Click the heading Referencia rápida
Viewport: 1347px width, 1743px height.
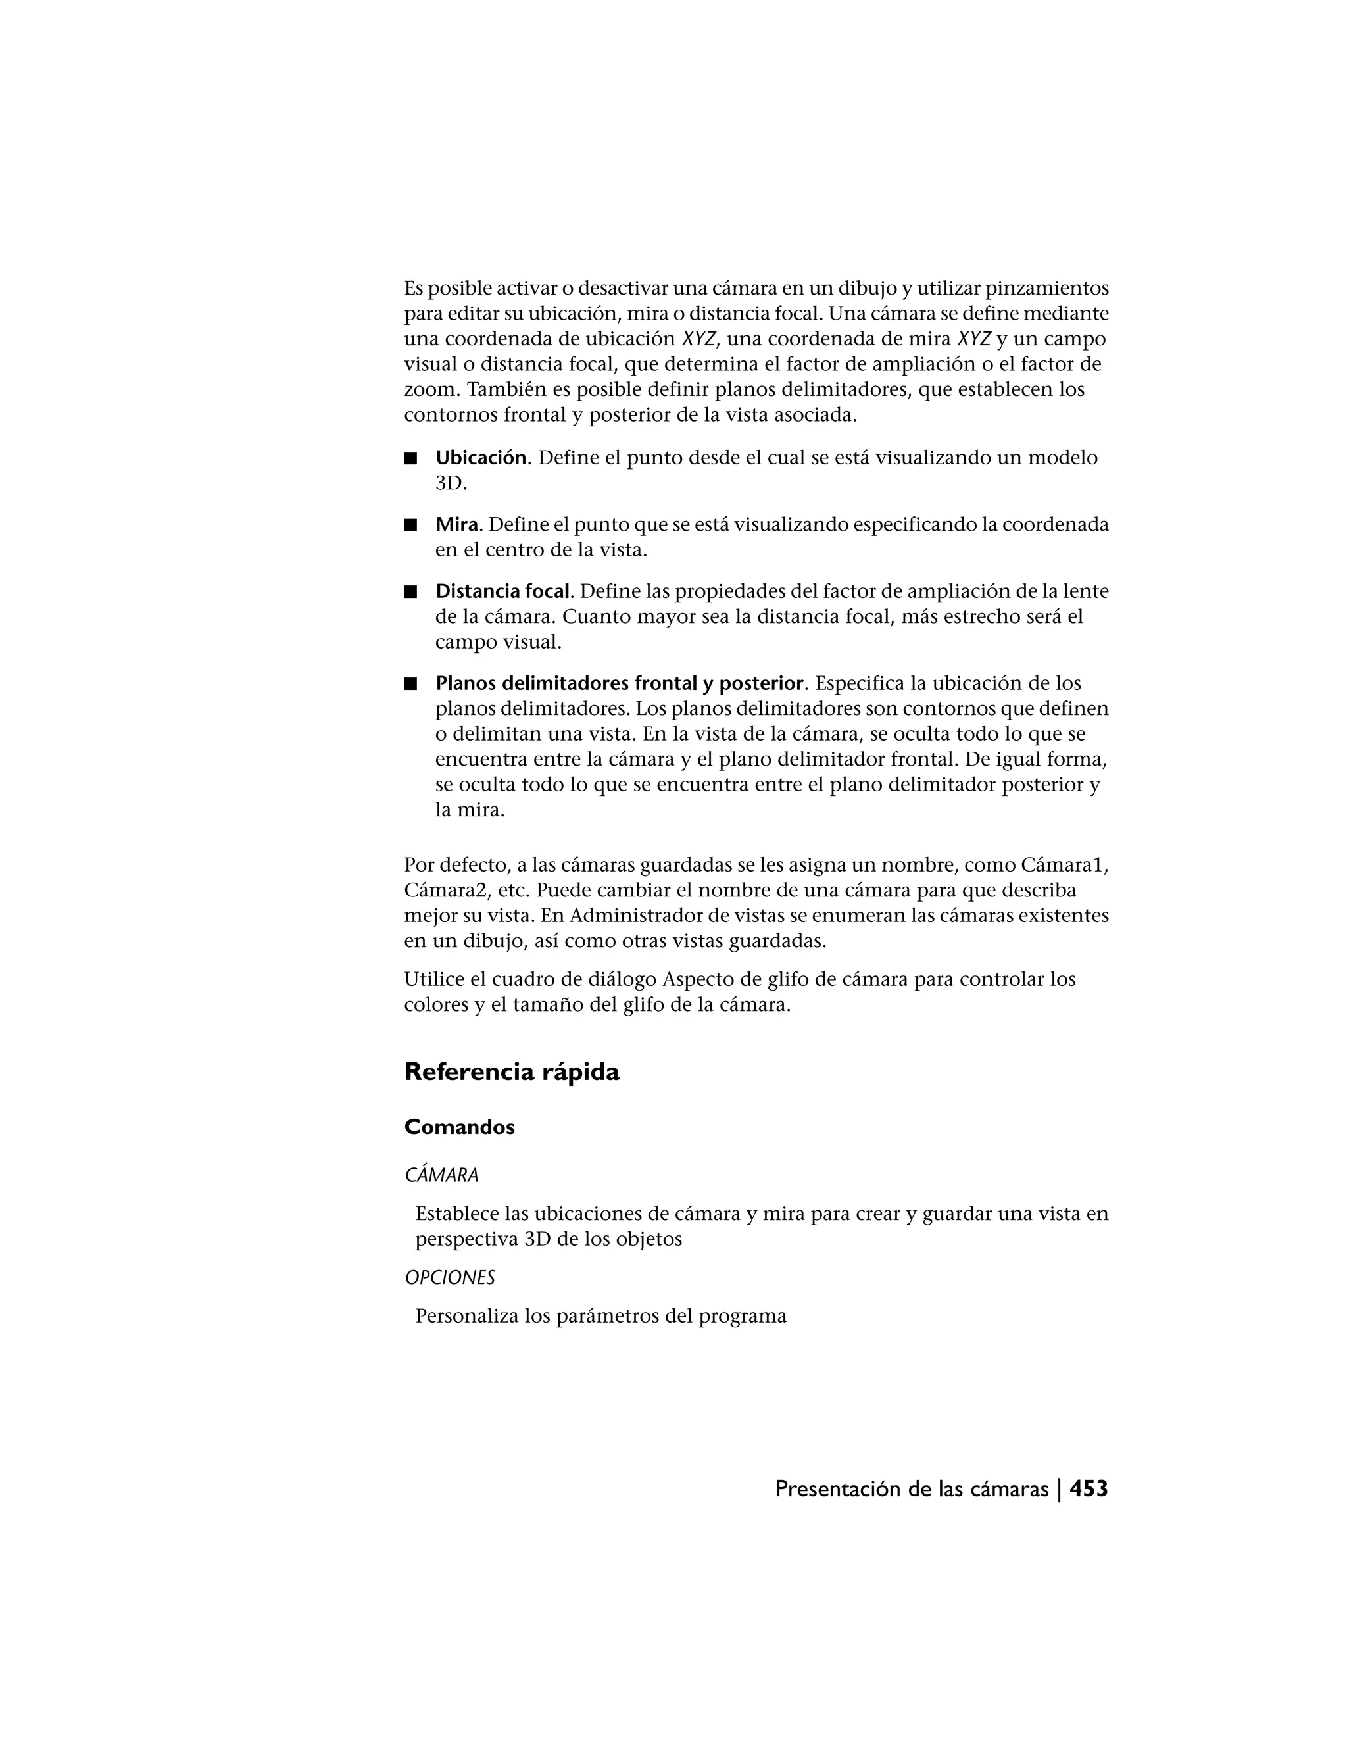coord(512,1072)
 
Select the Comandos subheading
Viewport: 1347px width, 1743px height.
coord(460,1127)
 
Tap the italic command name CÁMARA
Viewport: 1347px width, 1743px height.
coord(441,1175)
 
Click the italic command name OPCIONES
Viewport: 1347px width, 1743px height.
coord(449,1278)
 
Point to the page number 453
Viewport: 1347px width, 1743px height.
coord(1089,1488)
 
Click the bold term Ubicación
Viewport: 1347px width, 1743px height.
coord(480,458)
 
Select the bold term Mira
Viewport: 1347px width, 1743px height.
coord(456,525)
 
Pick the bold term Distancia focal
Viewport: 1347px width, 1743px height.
coord(502,591)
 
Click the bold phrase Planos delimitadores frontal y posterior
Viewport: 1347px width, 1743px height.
coord(619,684)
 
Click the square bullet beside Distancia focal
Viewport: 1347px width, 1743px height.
coord(411,592)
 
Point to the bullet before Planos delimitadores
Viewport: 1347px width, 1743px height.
coord(411,685)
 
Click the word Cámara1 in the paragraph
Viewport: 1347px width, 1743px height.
coord(1064,865)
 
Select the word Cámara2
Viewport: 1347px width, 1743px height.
coord(441,891)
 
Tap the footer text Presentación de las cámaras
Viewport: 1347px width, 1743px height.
coord(912,1489)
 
